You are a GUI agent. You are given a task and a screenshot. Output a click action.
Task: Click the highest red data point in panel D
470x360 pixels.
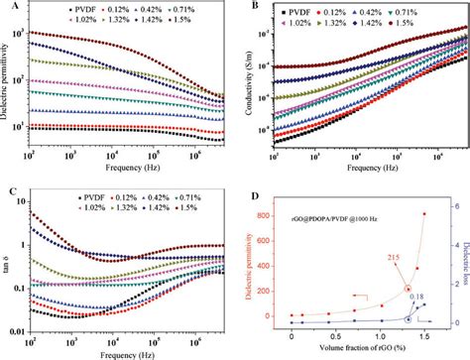pos(425,213)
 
